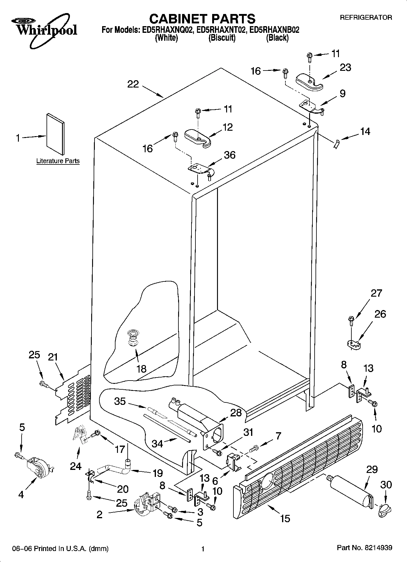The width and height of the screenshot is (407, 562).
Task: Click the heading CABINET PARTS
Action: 202,19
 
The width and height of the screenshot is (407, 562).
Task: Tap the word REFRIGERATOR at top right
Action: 366,18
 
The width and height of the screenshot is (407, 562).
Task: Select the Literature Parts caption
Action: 58,161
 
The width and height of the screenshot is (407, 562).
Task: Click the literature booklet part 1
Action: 55,134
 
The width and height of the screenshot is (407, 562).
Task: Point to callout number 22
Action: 133,84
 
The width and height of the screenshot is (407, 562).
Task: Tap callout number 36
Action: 229,155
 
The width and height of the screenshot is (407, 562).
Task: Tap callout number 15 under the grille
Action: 285,519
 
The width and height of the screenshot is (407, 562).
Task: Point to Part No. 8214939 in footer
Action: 364,548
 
